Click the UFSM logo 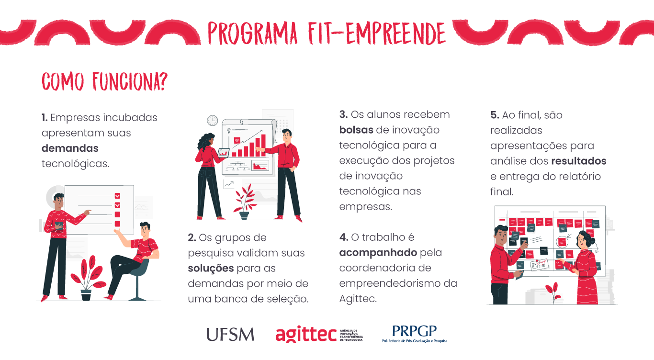point(230,334)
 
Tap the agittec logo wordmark point(306,334)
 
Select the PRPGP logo point(415,334)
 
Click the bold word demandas point(70,148)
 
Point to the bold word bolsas point(356,130)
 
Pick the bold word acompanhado point(378,253)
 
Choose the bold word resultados point(579,161)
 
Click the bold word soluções point(211,268)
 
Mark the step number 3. point(343,114)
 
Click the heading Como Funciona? point(104,81)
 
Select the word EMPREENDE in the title point(396,34)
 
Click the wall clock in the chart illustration point(213,120)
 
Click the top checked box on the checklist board point(117,196)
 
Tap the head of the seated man point(145,229)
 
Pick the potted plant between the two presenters point(245,202)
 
